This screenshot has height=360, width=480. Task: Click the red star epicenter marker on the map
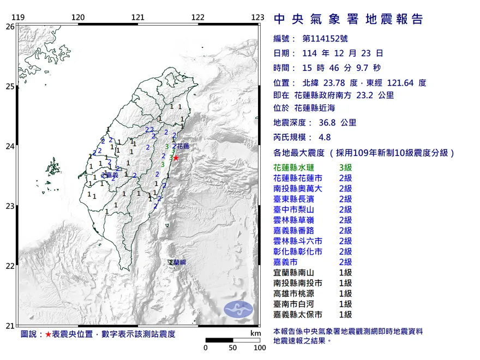176,158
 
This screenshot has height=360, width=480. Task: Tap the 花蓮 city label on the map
184,147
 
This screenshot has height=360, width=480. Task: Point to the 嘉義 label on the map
112,175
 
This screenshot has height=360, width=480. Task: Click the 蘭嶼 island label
178,263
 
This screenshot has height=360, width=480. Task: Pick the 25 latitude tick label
10,86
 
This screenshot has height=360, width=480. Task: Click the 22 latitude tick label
10,266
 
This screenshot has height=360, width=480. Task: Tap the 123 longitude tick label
258,18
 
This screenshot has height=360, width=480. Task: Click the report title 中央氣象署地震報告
349,20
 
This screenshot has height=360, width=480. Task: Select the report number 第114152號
325,39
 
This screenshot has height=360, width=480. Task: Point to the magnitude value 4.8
326,137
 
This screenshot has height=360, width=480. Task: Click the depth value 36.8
329,123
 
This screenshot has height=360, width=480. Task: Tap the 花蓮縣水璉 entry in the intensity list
298,167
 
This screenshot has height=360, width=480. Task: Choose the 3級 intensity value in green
345,167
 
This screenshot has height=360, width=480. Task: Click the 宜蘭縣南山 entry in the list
298,272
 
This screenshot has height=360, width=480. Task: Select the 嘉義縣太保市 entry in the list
302,314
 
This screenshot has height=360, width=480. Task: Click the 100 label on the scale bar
260,347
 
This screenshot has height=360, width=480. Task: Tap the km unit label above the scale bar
255,333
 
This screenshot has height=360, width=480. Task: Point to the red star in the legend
49,334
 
